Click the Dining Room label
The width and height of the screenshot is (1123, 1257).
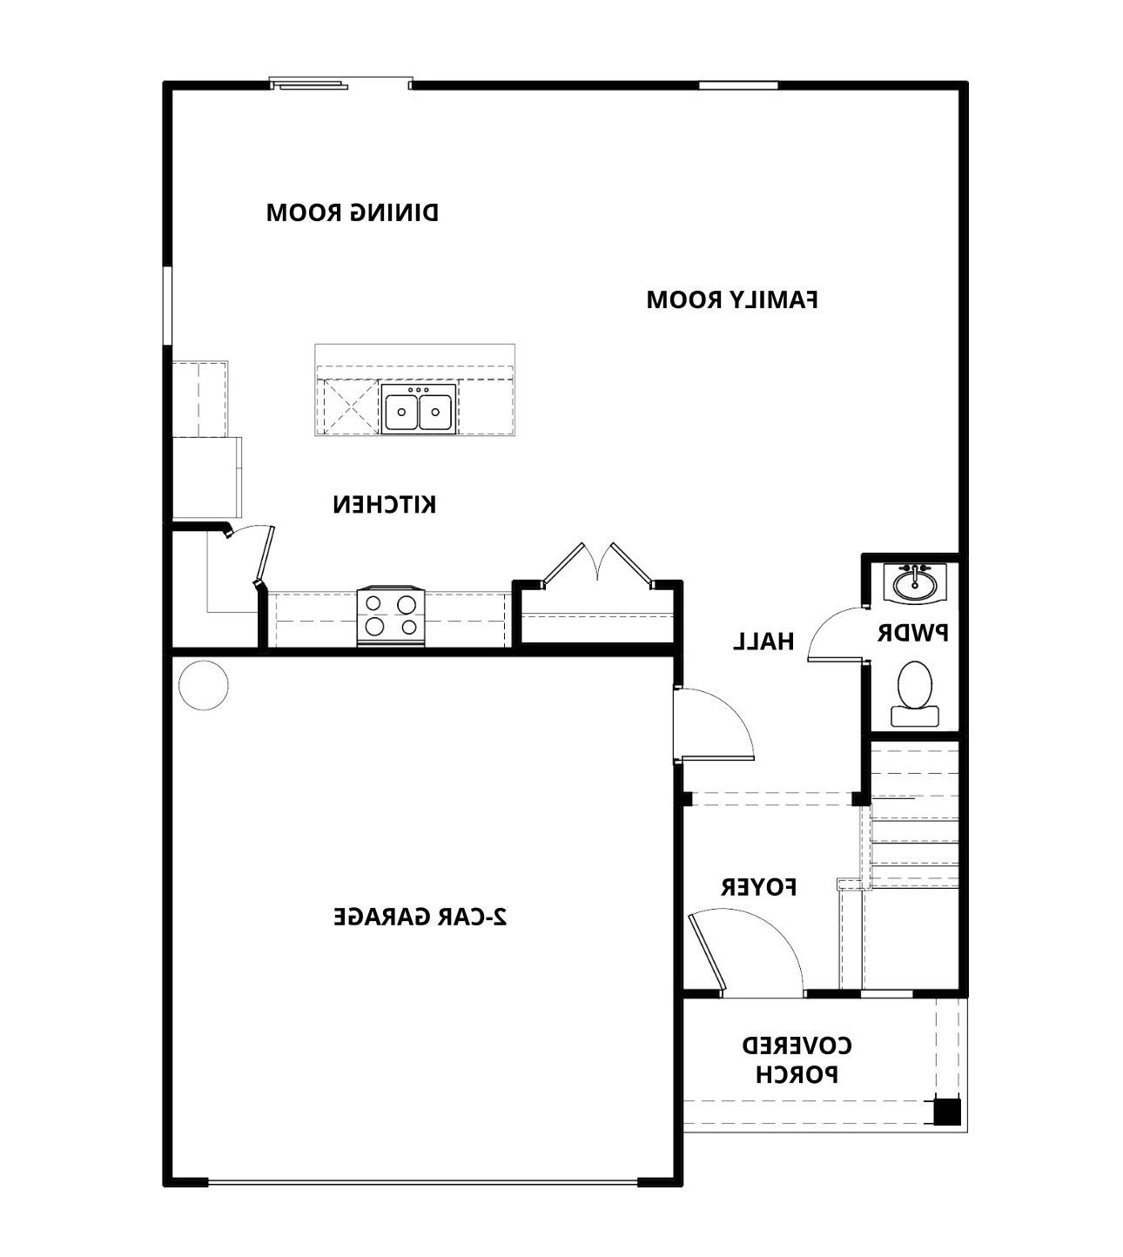coord(352,212)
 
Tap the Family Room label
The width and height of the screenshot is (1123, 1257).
coord(731,299)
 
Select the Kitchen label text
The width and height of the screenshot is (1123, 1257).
coord(384,504)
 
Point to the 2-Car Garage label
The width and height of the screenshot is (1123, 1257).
coord(420,917)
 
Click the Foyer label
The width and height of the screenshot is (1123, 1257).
coord(758,887)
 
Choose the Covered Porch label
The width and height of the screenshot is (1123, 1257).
coord(796,1059)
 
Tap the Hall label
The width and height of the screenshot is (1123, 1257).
coord(763,642)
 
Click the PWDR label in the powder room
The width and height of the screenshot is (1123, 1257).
coord(912,633)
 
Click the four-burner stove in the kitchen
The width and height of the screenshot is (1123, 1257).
coord(391,615)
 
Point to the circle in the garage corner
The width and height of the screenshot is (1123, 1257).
coord(203,685)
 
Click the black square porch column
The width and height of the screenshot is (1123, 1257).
coord(946,1112)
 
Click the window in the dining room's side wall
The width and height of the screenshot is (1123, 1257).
coord(168,306)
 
